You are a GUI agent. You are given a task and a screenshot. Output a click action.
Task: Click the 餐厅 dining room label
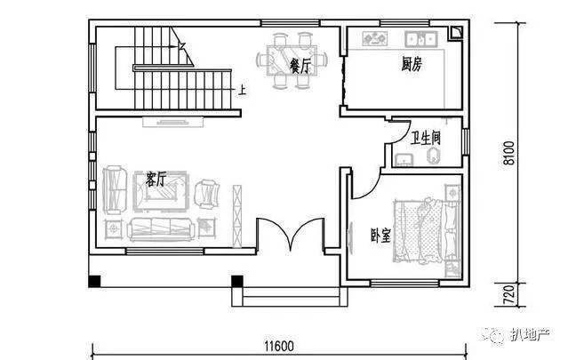point(300,67)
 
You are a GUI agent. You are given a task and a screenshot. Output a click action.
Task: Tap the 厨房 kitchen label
point(412,65)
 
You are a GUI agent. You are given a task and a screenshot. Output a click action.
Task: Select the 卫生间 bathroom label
point(425,138)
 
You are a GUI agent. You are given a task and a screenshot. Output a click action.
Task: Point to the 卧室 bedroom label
point(380,236)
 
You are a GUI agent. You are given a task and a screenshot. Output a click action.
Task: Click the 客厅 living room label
point(156,180)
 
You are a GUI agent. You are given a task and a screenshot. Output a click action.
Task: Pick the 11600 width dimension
point(279,347)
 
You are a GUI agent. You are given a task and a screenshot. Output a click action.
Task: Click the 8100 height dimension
point(508,153)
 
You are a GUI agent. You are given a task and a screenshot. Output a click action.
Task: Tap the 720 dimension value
point(508,295)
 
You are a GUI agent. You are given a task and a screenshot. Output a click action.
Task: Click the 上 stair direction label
point(242,90)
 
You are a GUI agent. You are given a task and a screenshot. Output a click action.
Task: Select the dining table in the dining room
point(292,60)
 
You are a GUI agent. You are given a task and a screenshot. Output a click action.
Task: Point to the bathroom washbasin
point(404,160)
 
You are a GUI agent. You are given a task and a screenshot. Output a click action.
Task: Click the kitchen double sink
point(421,38)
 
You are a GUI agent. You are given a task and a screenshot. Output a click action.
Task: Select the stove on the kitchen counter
point(375,38)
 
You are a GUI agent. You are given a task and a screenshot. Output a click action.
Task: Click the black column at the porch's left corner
point(94,282)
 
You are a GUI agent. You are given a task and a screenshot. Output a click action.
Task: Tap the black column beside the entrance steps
point(237,282)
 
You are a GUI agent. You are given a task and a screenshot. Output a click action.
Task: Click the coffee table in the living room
point(161,192)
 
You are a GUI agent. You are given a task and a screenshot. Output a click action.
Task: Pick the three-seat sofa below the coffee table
point(161,229)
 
